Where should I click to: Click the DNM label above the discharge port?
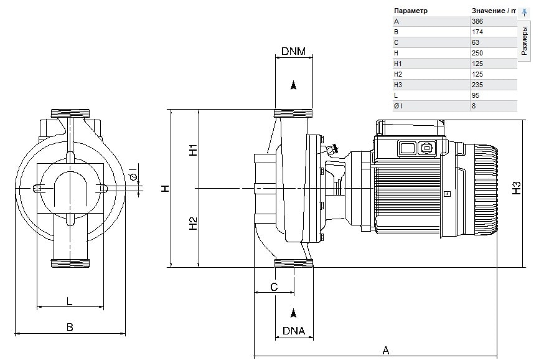pos(293,51)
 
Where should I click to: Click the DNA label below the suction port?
pos(294,331)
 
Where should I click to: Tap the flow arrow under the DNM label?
pos(294,85)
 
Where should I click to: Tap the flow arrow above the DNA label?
pos(294,313)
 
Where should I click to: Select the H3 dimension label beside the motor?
pos(517,188)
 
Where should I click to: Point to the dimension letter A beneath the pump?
pos(386,350)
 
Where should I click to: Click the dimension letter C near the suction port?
pos(274,287)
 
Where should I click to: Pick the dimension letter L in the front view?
pos(69,301)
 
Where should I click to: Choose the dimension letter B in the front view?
pos(70,327)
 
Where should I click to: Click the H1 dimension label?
pos(193,150)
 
